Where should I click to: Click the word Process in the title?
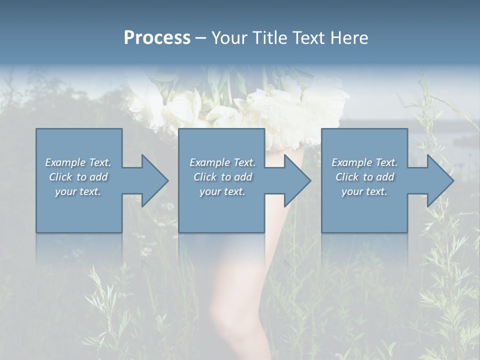157,38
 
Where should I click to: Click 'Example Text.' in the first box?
78,162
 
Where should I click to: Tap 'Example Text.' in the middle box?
222,162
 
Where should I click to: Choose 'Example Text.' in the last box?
364,162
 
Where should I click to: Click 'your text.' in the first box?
78,191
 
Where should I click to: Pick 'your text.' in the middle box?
222,191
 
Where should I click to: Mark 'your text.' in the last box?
364,191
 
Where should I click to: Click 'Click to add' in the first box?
78,177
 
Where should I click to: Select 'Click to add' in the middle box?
222,177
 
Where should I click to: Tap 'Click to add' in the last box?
364,177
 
